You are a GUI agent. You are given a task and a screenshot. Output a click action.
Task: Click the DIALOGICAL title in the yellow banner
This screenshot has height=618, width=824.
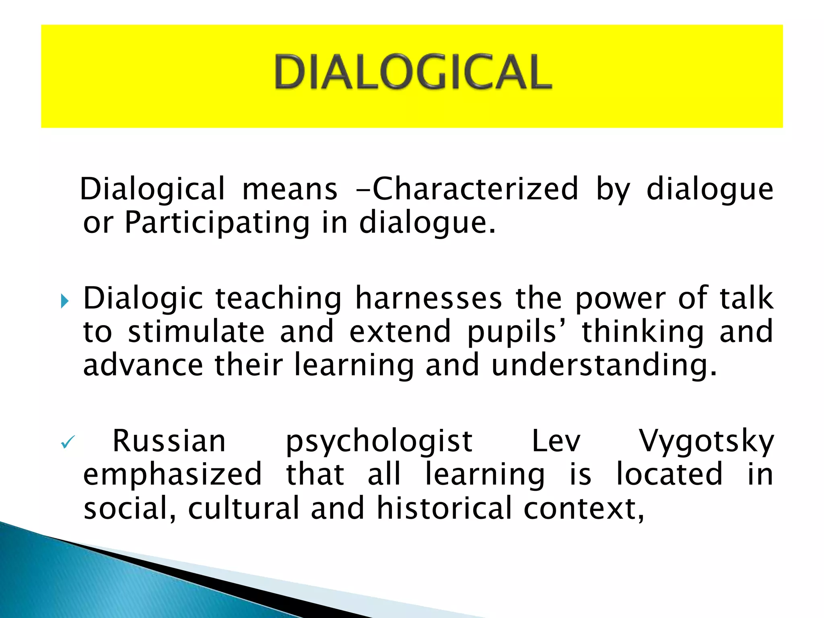pos(413,72)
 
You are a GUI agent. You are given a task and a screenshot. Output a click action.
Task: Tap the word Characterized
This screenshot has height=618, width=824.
pos(475,189)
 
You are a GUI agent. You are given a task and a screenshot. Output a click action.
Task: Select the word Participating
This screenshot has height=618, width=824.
pos(217,222)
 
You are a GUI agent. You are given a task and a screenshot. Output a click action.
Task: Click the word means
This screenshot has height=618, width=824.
pos(290,189)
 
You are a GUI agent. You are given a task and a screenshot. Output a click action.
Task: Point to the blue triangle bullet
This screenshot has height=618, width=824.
pos(64,301)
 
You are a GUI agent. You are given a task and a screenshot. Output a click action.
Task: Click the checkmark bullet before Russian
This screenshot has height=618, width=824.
pos(67,443)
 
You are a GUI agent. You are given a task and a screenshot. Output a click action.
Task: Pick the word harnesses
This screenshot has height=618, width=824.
pos(428,298)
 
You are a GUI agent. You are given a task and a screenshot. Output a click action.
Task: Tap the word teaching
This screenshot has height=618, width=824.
pos(278,298)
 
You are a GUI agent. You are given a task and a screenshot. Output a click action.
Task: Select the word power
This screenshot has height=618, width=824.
pos(620,298)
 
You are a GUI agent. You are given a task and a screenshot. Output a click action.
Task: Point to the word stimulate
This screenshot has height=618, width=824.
pos(196,332)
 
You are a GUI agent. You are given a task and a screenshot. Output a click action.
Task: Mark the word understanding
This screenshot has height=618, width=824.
pos(604,365)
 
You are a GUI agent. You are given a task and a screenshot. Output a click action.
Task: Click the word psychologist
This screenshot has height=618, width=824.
pos(379,441)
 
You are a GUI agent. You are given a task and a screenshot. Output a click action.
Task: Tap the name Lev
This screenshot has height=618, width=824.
pos(556,441)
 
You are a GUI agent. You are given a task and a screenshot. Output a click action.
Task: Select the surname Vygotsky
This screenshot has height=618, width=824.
pos(707,441)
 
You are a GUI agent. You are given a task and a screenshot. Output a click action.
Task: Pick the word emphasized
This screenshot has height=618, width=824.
pos(173,475)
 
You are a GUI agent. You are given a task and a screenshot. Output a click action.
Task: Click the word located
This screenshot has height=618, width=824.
pos(669,475)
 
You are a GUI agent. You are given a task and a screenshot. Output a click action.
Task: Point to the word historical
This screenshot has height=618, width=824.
pos(444,508)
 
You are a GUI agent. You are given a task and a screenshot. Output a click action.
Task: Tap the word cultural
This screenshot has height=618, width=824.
pos(243,508)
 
